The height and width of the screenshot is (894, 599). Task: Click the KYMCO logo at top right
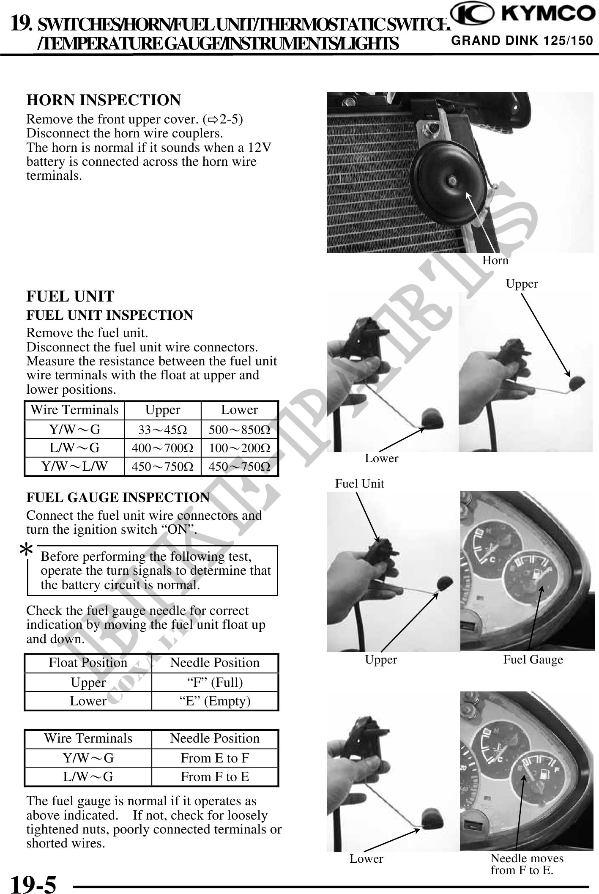[x=522, y=15]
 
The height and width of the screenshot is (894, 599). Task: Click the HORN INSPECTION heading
[x=104, y=100]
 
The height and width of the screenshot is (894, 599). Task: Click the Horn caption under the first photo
[x=495, y=261]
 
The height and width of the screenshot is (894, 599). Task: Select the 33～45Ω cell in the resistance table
[x=163, y=430]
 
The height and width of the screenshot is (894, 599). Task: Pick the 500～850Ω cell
[x=240, y=430]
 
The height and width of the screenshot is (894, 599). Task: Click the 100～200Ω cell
[x=240, y=448]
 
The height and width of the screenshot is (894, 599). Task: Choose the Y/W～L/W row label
[x=74, y=466]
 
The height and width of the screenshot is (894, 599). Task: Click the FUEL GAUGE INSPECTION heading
[x=118, y=497]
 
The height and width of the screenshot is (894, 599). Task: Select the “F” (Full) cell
[x=215, y=682]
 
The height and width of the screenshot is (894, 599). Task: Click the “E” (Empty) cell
[x=215, y=701]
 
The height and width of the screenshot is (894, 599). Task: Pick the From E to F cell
[x=215, y=758]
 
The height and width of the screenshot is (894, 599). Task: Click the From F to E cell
[x=215, y=776]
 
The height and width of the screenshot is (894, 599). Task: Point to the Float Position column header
[x=88, y=663]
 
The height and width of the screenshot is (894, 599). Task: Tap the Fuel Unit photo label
[x=359, y=483]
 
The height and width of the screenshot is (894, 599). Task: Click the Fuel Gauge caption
[x=533, y=660]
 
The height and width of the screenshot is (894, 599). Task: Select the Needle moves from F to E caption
[x=527, y=864]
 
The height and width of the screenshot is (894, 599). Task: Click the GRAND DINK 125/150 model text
[x=522, y=41]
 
